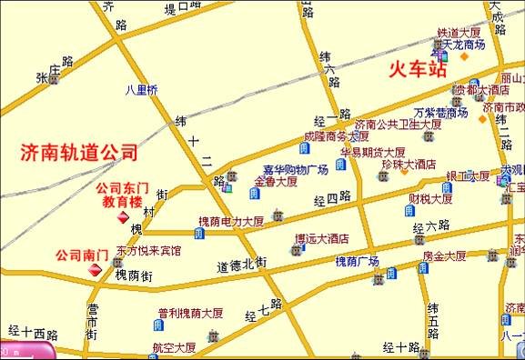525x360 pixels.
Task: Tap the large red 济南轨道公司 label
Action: [x=79, y=152]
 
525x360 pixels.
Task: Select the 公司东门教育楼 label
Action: [x=121, y=195]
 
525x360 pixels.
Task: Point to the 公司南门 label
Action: [x=82, y=255]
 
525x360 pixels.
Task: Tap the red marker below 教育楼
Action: [x=121, y=218]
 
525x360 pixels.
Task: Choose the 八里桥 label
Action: [x=141, y=89]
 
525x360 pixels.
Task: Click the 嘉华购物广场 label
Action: [x=295, y=170]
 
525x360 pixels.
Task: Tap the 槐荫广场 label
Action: [x=357, y=261]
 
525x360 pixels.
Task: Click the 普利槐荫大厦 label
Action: [x=190, y=313]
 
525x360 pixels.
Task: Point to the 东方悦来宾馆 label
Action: [x=147, y=248]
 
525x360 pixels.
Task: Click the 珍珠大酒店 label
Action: [x=410, y=165]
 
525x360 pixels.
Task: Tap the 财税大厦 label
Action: [x=430, y=199]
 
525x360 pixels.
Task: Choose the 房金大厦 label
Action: [x=444, y=256]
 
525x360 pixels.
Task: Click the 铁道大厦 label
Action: [x=459, y=32]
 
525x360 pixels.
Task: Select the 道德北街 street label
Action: [x=241, y=265]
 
